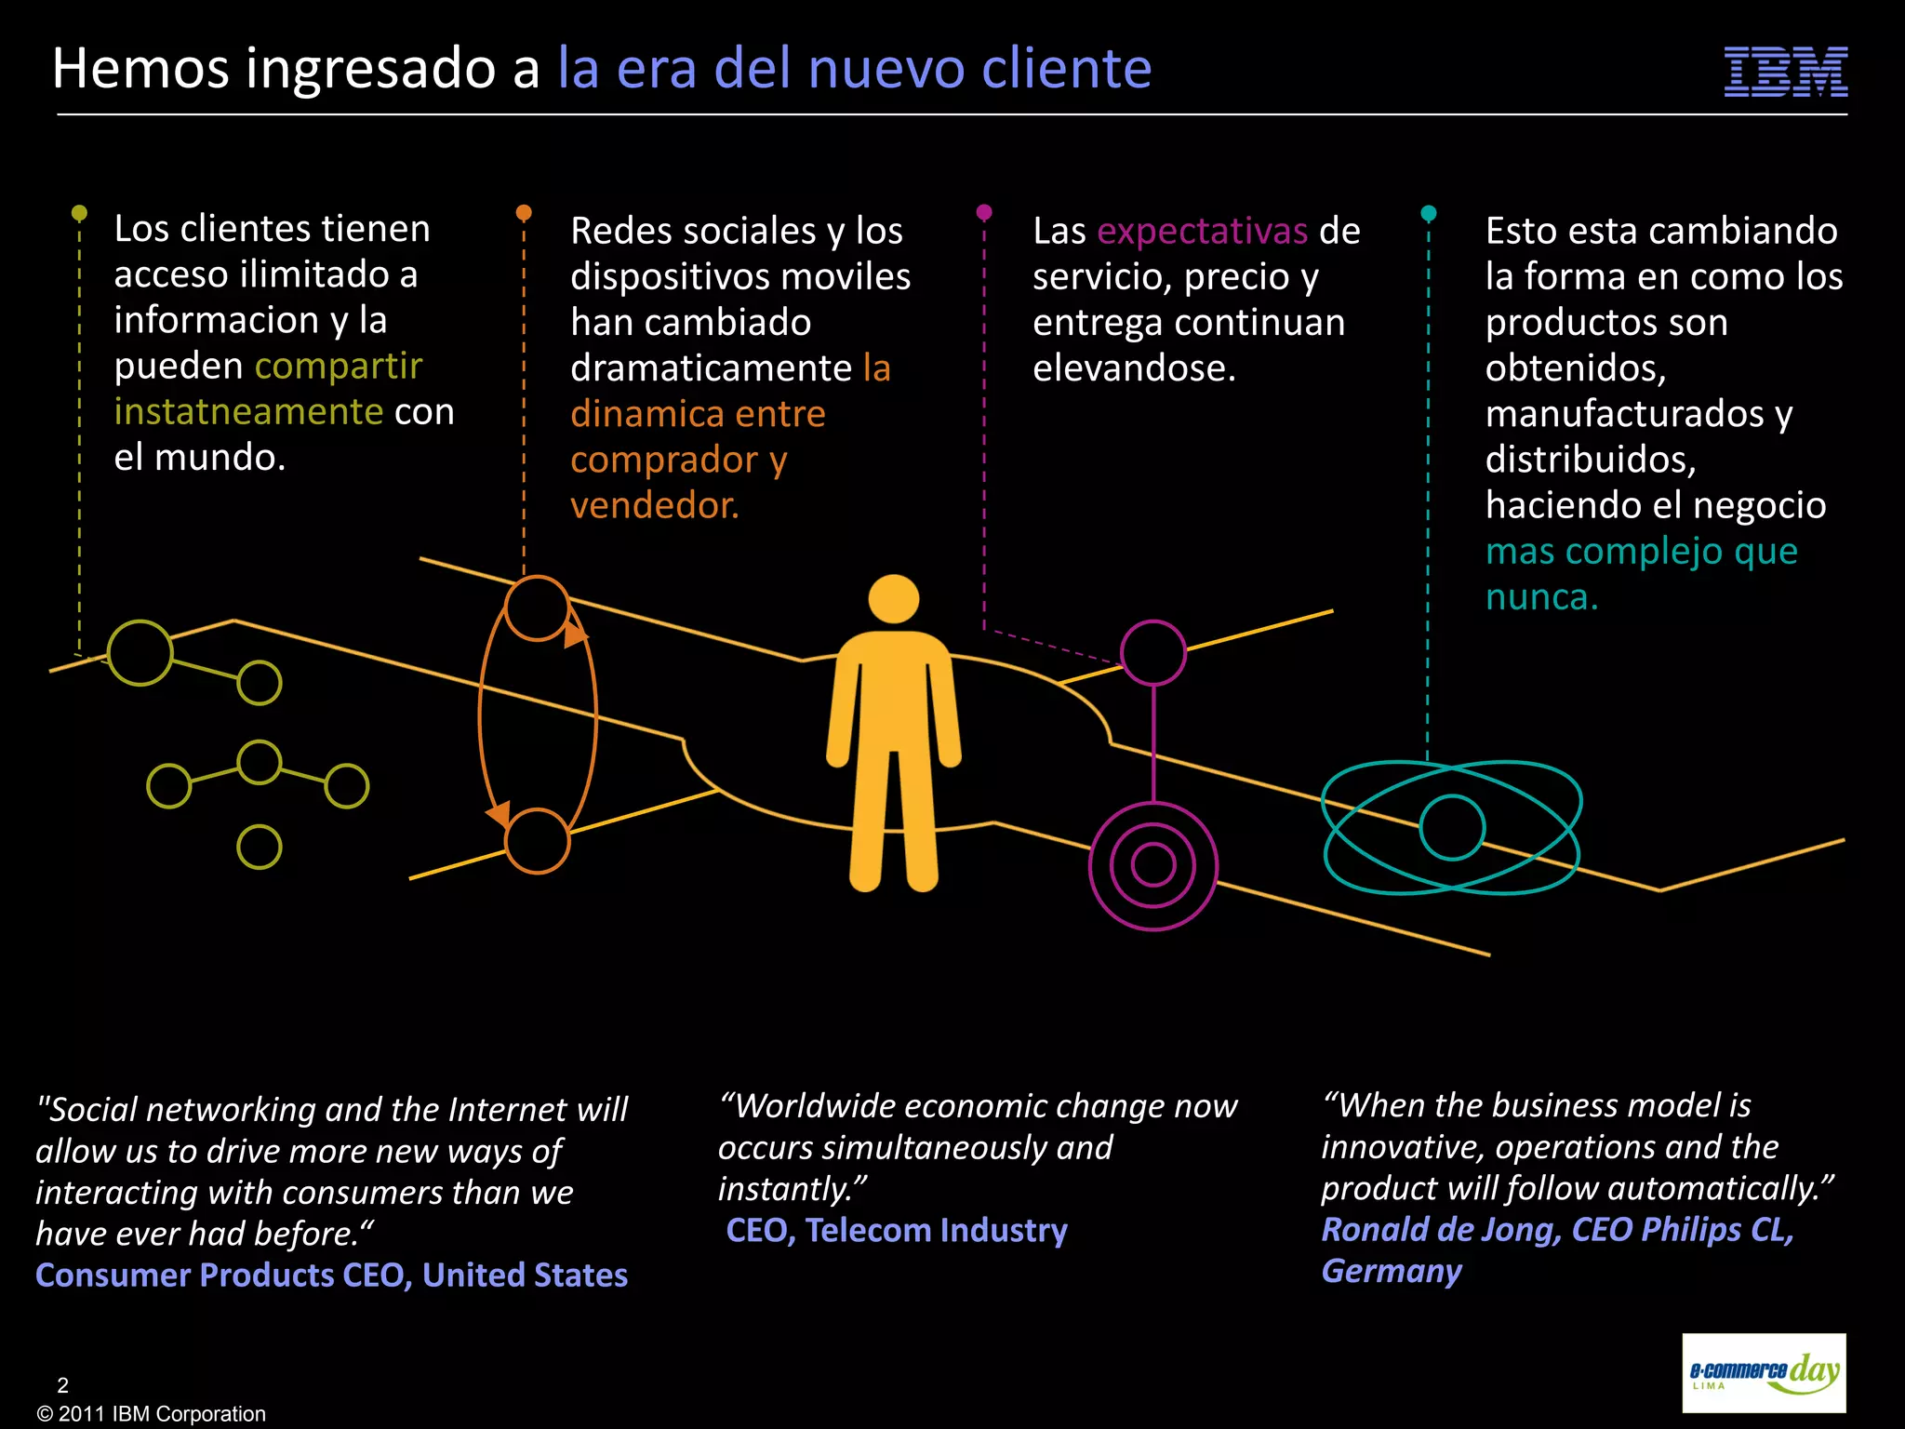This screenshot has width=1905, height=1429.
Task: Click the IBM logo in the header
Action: click(1785, 72)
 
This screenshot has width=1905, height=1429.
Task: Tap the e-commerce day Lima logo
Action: click(1764, 1373)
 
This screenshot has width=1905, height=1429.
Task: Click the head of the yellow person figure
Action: click(893, 599)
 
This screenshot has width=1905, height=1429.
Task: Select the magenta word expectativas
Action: click(1202, 231)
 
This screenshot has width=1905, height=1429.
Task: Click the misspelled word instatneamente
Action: click(248, 411)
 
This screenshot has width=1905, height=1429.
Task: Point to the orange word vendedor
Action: click(654, 505)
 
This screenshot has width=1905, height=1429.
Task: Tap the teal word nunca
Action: click(1540, 597)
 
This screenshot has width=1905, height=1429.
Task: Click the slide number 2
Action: click(63, 1384)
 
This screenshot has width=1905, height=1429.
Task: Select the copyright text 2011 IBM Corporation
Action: click(152, 1414)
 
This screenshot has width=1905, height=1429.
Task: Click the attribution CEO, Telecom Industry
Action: click(897, 1230)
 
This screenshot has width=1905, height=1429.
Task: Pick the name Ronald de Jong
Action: click(1441, 1230)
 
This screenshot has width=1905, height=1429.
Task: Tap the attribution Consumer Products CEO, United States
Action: click(331, 1275)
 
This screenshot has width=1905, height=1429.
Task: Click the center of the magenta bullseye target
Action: click(1152, 865)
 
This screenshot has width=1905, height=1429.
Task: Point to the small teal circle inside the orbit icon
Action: click(1451, 827)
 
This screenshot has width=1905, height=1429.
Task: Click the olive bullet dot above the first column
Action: click(80, 213)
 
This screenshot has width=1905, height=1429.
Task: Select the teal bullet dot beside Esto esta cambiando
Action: click(1429, 213)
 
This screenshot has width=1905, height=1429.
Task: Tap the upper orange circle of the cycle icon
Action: click(537, 608)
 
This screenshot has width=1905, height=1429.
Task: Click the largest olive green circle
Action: click(140, 653)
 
